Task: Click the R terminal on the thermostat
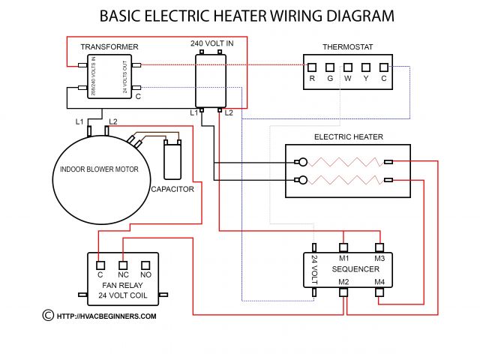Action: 312,67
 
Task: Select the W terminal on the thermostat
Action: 348,67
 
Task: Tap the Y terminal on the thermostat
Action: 366,67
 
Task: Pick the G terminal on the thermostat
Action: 330,67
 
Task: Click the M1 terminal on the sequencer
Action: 343,247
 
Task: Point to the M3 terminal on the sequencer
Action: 379,247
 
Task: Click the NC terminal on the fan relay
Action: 124,263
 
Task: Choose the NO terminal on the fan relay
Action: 146,263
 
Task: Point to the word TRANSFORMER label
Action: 109,47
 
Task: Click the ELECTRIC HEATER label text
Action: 349,137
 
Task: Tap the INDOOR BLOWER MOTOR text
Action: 100,169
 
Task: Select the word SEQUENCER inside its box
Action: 355,268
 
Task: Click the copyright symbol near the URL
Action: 48,316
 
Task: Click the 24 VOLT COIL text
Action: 123,295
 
